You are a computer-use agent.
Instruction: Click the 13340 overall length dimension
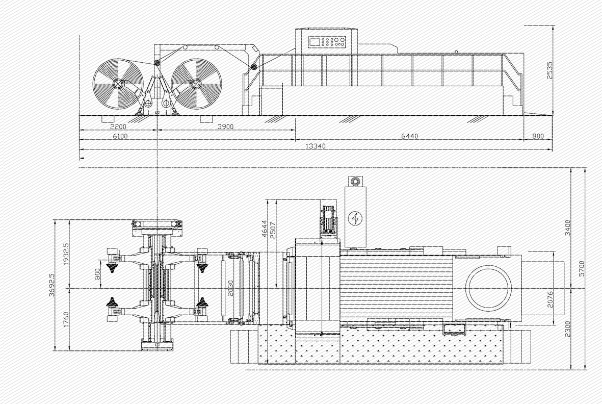tap(315, 146)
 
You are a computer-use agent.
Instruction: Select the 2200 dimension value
tap(118, 127)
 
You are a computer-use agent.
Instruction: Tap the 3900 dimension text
tap(225, 127)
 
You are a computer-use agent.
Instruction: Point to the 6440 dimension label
tap(410, 136)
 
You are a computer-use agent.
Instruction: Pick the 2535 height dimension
tap(550, 70)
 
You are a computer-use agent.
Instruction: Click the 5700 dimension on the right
tap(581, 268)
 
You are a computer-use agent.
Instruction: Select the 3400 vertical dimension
tap(568, 228)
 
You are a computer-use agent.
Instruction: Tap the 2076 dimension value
tap(550, 299)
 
